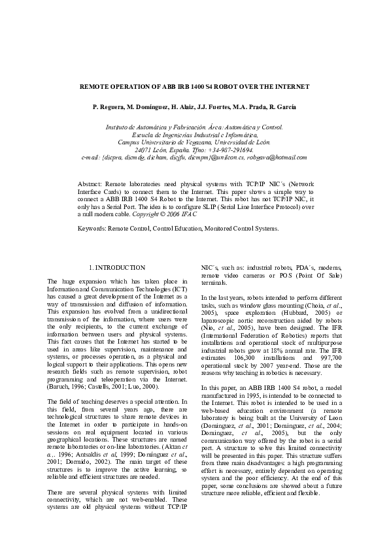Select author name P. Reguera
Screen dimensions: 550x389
click(x=108, y=106)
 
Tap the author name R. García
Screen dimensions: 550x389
click(x=282, y=106)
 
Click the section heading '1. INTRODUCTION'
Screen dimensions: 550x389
click(x=116, y=268)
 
